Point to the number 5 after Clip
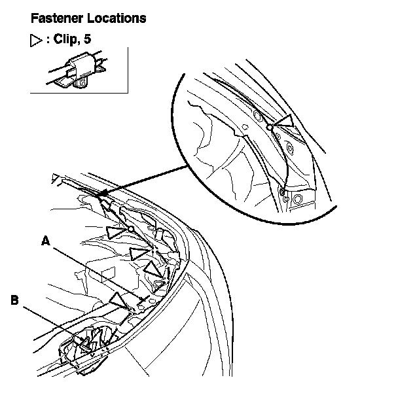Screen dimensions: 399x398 tap(87, 39)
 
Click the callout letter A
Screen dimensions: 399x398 tap(45, 241)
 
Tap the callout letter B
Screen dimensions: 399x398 tap(15, 301)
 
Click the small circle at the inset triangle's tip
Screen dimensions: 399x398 tap(269, 127)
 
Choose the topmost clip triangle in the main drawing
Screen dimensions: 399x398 tap(117, 230)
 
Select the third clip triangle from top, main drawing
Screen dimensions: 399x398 tap(153, 269)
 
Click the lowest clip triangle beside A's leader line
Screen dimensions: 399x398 tap(119, 301)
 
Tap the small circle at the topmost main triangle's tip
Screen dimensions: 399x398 tap(131, 229)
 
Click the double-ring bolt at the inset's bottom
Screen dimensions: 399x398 tap(298, 198)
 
